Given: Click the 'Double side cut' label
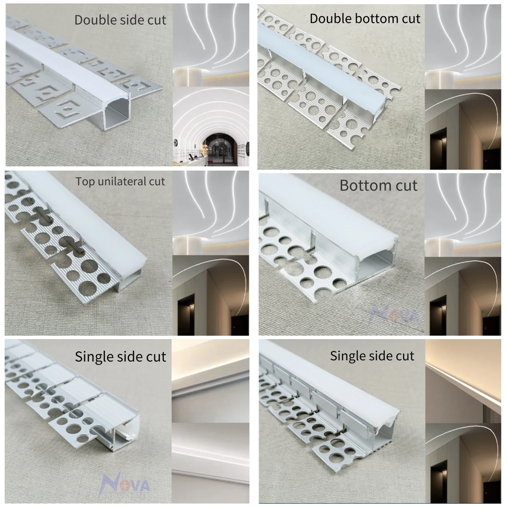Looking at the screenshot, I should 120,20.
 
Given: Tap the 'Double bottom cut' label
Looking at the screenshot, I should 365,19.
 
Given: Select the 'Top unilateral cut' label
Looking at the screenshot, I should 120,182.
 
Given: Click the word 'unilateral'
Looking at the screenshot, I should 121,182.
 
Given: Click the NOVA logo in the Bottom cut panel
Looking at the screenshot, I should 394,315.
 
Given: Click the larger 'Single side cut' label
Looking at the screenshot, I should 120,356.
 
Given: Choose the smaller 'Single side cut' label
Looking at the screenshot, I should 372,356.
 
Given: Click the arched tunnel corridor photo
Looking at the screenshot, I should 210,127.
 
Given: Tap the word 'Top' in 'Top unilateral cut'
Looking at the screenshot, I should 83,182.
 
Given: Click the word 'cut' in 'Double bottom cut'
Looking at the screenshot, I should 411,19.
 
